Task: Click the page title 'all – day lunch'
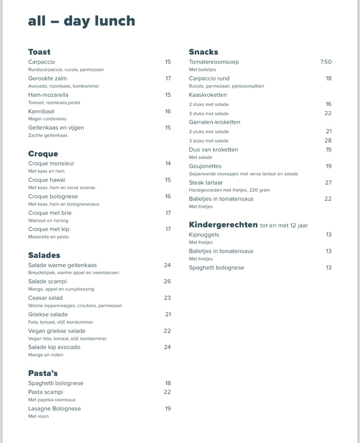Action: pos(82,21)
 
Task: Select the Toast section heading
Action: pos(39,52)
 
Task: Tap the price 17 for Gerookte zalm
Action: pos(168,78)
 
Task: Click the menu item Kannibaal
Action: pos(41,111)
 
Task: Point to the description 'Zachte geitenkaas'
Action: pos(48,135)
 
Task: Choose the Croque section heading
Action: pos(43,154)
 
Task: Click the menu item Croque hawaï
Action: pos(47,180)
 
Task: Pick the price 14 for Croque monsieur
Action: pos(168,163)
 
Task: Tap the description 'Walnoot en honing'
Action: pos(49,220)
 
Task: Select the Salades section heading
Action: pos(44,255)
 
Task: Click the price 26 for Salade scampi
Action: pos(167,281)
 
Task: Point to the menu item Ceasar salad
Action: pos(45,298)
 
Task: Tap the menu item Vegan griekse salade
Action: pos(57,331)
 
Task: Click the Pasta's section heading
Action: pos(43,373)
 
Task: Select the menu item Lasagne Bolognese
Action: pos(55,409)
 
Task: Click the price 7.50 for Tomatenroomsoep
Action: pos(326,62)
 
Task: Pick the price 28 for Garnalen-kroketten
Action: pos(328,140)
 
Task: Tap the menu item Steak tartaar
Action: pos(206,183)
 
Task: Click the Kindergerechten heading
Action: pos(223,225)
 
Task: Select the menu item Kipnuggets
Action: pos(204,235)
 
